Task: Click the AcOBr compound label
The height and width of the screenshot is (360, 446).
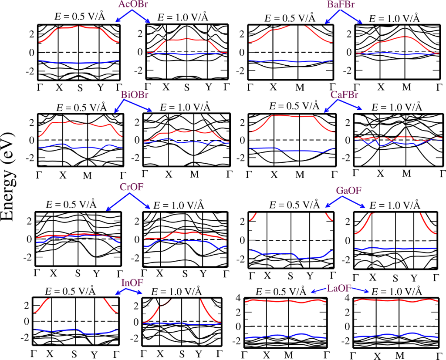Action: point(132,5)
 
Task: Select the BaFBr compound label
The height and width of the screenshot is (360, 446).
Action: point(343,5)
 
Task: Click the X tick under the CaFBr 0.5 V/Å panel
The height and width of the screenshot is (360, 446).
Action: point(274,175)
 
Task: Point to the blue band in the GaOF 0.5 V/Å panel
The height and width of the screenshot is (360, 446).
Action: point(279,254)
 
